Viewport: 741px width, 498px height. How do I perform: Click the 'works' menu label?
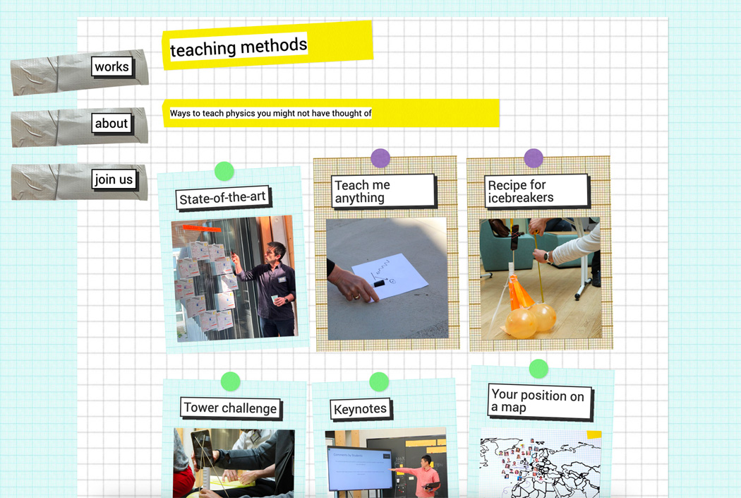[x=112, y=66]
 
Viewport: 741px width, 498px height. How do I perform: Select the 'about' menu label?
[x=112, y=124]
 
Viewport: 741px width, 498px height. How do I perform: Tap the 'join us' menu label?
[x=114, y=179]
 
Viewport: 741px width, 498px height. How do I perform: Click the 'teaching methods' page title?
[x=239, y=47]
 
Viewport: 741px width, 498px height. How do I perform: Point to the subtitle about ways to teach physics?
[x=271, y=113]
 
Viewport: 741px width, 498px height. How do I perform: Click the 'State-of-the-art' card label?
[x=222, y=198]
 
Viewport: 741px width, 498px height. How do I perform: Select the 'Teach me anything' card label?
[x=382, y=191]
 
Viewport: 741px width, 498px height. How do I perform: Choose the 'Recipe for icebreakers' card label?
[x=536, y=191]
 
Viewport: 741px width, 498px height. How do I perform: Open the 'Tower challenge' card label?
[x=231, y=408]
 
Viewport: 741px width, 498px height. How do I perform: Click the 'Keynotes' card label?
[x=361, y=409]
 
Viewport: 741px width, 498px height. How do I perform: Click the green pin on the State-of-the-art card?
[x=224, y=171]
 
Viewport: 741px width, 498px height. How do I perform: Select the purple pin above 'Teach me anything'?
[x=380, y=158]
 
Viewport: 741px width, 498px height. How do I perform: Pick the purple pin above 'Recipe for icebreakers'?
[x=534, y=158]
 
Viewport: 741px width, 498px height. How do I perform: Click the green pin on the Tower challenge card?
[x=231, y=381]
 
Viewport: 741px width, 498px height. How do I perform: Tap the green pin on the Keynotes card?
[x=379, y=381]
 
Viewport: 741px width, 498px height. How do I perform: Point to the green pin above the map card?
[x=538, y=369]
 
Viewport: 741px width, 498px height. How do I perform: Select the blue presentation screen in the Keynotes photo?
[x=360, y=469]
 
